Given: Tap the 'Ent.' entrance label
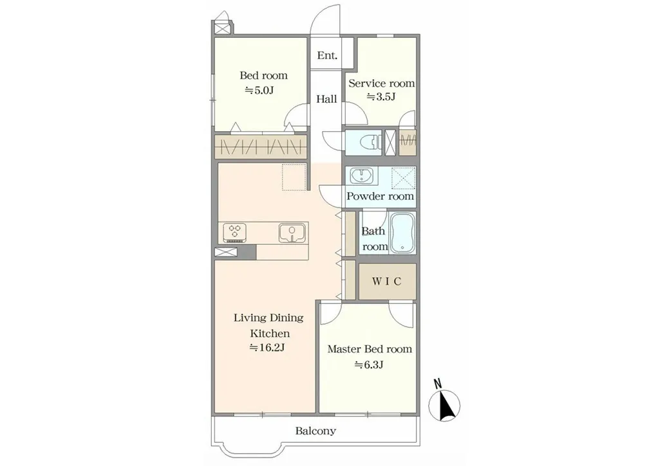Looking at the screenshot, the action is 327,55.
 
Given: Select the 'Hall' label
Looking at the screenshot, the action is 326,99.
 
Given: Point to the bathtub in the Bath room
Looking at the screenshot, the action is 402,232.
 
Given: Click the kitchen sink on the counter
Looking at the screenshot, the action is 292,233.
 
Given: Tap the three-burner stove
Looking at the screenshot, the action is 235,233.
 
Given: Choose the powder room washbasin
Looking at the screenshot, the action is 359,175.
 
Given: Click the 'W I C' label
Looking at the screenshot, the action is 387,282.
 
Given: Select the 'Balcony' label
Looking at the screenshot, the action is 315,431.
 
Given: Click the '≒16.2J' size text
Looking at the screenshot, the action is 267,348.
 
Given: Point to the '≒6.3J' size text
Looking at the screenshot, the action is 369,364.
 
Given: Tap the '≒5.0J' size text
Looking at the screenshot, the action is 259,90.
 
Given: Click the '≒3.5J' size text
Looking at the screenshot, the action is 381,97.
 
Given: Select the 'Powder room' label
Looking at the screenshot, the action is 380,196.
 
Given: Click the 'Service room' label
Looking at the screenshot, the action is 382,83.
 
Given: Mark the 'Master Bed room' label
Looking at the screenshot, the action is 370,349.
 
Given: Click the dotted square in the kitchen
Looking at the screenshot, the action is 294,177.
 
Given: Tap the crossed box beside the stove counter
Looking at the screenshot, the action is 226,252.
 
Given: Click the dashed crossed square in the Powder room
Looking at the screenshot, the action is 404,178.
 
